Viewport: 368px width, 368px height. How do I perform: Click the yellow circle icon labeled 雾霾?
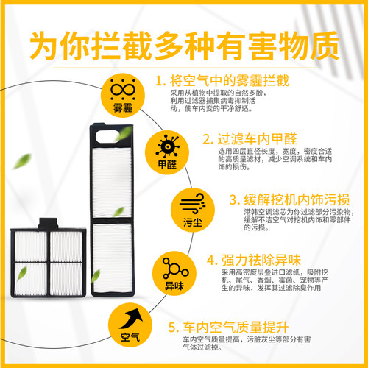point(123,95)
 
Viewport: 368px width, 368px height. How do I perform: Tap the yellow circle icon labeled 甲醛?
point(167,152)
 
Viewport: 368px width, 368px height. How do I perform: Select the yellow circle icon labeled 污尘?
point(193,210)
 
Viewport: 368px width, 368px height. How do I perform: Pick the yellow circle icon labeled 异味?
point(174,273)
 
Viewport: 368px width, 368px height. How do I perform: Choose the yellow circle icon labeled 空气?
point(130,325)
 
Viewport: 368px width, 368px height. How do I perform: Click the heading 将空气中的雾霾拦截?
point(230,81)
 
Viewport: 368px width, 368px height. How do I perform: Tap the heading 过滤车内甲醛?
point(257,139)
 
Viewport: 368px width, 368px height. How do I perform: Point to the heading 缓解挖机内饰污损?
point(297,199)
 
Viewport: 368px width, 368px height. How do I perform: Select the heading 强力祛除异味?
point(261,260)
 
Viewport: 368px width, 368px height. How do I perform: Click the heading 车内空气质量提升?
point(236,327)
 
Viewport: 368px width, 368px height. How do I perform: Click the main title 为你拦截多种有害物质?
point(185,46)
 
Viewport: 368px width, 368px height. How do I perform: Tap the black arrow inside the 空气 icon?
point(131,319)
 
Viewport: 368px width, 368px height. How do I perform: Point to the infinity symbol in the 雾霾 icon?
point(123,90)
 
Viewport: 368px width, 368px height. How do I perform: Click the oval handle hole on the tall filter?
point(107,137)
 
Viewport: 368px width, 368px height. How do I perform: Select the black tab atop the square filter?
point(48,224)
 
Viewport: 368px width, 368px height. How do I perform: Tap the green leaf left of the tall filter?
point(22,161)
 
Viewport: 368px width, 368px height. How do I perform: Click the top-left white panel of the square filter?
point(30,247)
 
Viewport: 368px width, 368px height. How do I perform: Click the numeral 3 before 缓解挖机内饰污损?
point(233,199)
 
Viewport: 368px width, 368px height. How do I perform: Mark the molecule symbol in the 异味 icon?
point(175,268)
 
